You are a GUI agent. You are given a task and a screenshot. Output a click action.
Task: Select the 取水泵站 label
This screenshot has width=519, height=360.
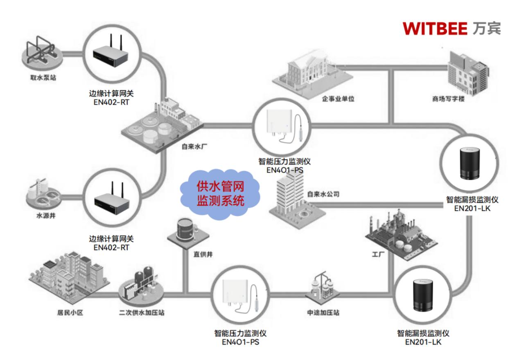43,77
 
